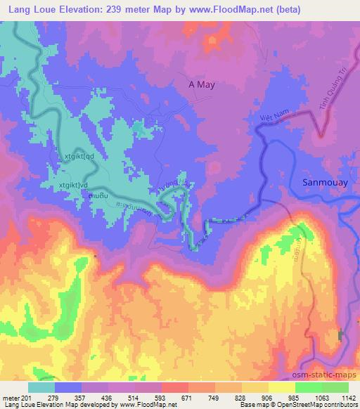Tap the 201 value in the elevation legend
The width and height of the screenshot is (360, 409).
tap(28, 397)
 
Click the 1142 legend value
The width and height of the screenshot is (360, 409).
tap(349, 397)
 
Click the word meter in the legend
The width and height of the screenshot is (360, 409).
tap(10, 397)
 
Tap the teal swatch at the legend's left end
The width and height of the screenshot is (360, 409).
tap(41, 387)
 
